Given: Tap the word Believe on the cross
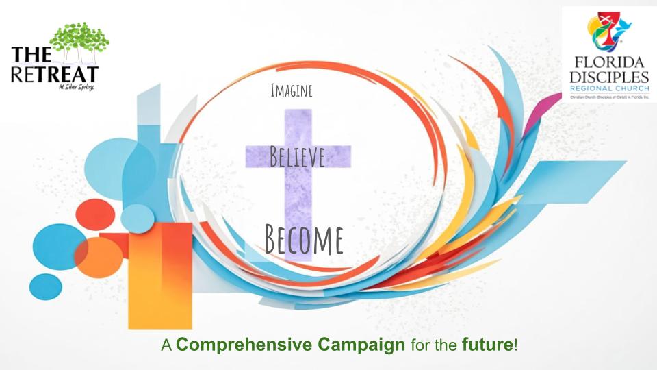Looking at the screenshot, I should [x=297, y=157].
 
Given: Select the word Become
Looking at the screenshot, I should [x=304, y=238].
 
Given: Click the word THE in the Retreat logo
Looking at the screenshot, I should [x=29, y=56].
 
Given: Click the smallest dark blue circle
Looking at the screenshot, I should [x=46, y=286].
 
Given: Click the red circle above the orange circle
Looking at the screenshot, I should [x=95, y=212].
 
